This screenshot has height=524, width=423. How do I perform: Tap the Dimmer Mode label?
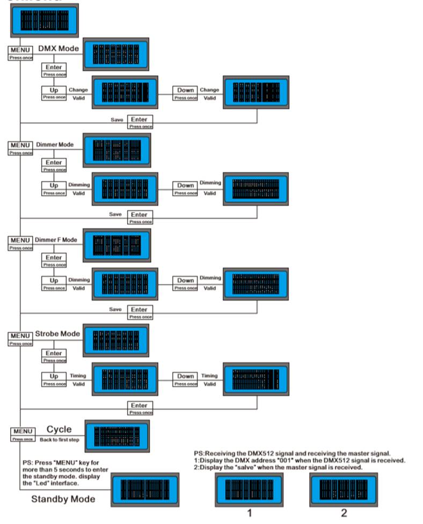point(55,144)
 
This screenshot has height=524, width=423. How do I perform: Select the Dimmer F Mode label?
point(56,239)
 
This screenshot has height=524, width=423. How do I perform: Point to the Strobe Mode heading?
point(57,334)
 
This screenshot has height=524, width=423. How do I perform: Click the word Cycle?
point(59,430)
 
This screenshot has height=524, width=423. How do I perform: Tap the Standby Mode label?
point(63,499)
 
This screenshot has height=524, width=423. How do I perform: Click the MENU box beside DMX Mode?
point(19,50)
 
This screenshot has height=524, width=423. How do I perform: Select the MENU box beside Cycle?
point(23,431)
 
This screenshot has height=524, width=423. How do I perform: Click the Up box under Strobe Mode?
point(54,376)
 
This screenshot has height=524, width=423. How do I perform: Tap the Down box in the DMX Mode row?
point(186,90)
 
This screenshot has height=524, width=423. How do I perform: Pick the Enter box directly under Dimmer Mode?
point(54,162)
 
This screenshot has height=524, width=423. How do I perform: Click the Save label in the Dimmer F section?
point(115,309)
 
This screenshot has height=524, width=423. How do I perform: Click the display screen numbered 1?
point(249,489)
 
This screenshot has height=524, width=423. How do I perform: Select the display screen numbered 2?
point(343,489)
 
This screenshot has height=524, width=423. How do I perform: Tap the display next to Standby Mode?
point(145,491)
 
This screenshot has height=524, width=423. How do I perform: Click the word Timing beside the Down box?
point(209,376)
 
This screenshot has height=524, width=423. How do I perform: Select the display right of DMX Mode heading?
point(115,54)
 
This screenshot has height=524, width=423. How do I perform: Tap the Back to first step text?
point(60,440)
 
